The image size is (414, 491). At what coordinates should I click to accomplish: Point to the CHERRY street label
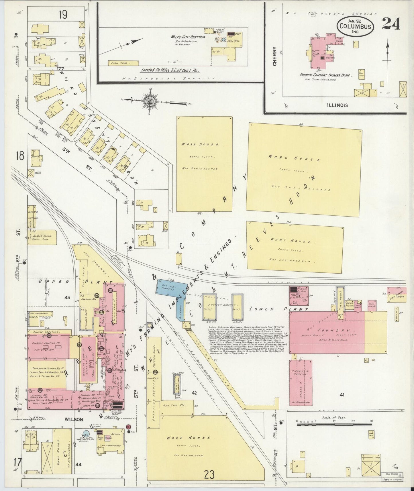(x=275, y=56)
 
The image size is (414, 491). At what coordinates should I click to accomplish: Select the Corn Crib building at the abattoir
(x=123, y=62)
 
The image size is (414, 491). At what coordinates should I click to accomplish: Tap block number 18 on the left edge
(x=20, y=156)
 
